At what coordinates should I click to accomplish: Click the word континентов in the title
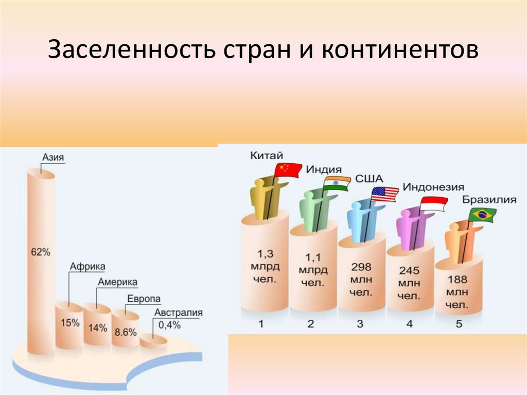point(401,51)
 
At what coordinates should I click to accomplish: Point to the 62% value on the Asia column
point(41,252)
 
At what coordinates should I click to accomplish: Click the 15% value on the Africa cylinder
point(69,323)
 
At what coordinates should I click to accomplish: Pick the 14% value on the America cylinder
point(97,327)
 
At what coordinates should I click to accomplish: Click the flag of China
point(288,170)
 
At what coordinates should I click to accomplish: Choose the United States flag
point(385,194)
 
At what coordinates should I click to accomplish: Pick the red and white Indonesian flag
point(433,204)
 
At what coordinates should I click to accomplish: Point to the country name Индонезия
point(433,187)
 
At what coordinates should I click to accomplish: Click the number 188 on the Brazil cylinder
point(458,280)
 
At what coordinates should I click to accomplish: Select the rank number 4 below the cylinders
point(409,324)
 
